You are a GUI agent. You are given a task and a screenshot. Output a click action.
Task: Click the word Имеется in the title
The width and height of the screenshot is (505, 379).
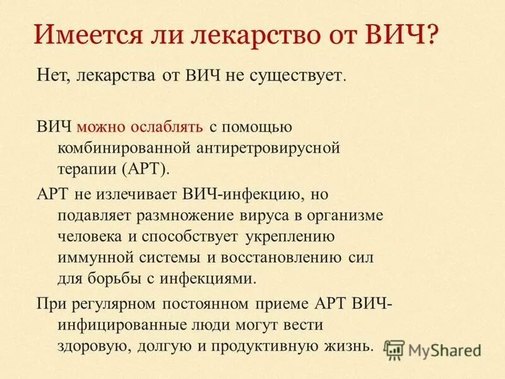79,33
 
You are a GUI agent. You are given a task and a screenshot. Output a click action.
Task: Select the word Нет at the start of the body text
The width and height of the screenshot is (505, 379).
51,77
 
